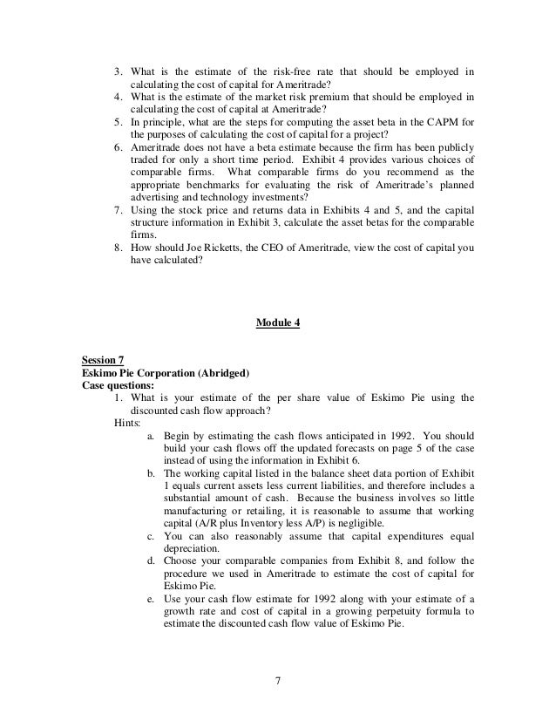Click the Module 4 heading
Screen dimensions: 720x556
[x=278, y=323]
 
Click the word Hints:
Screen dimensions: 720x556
[x=130, y=421]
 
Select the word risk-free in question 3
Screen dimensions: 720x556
[x=274, y=71]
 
